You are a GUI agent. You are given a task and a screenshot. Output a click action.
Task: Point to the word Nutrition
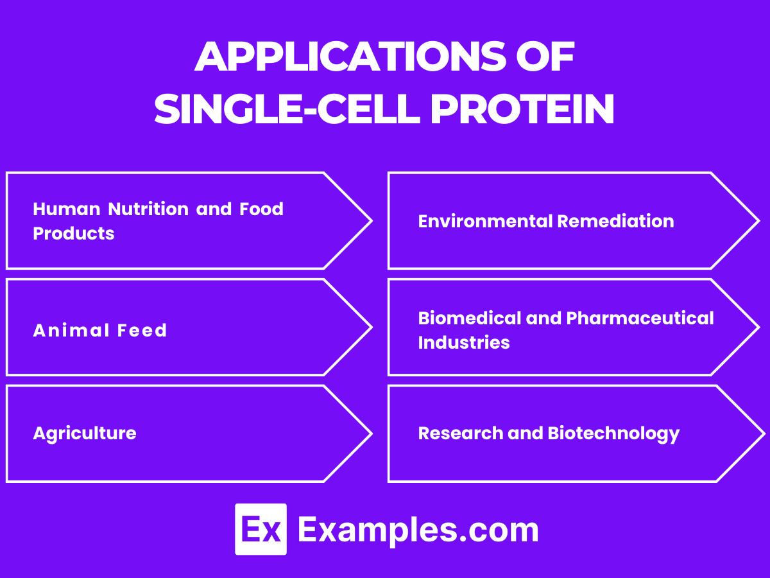148,209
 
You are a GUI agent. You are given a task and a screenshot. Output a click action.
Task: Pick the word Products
73,233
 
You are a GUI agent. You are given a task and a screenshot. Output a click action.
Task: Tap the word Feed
142,330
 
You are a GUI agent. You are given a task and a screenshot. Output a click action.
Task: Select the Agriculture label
85,433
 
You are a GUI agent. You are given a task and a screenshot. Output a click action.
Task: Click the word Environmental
486,222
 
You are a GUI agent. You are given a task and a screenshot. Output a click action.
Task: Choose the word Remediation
615,222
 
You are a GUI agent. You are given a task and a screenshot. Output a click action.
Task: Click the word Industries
464,342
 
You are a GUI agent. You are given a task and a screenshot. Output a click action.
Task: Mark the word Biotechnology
613,433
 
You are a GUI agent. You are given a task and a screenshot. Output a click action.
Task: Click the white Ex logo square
261,529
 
